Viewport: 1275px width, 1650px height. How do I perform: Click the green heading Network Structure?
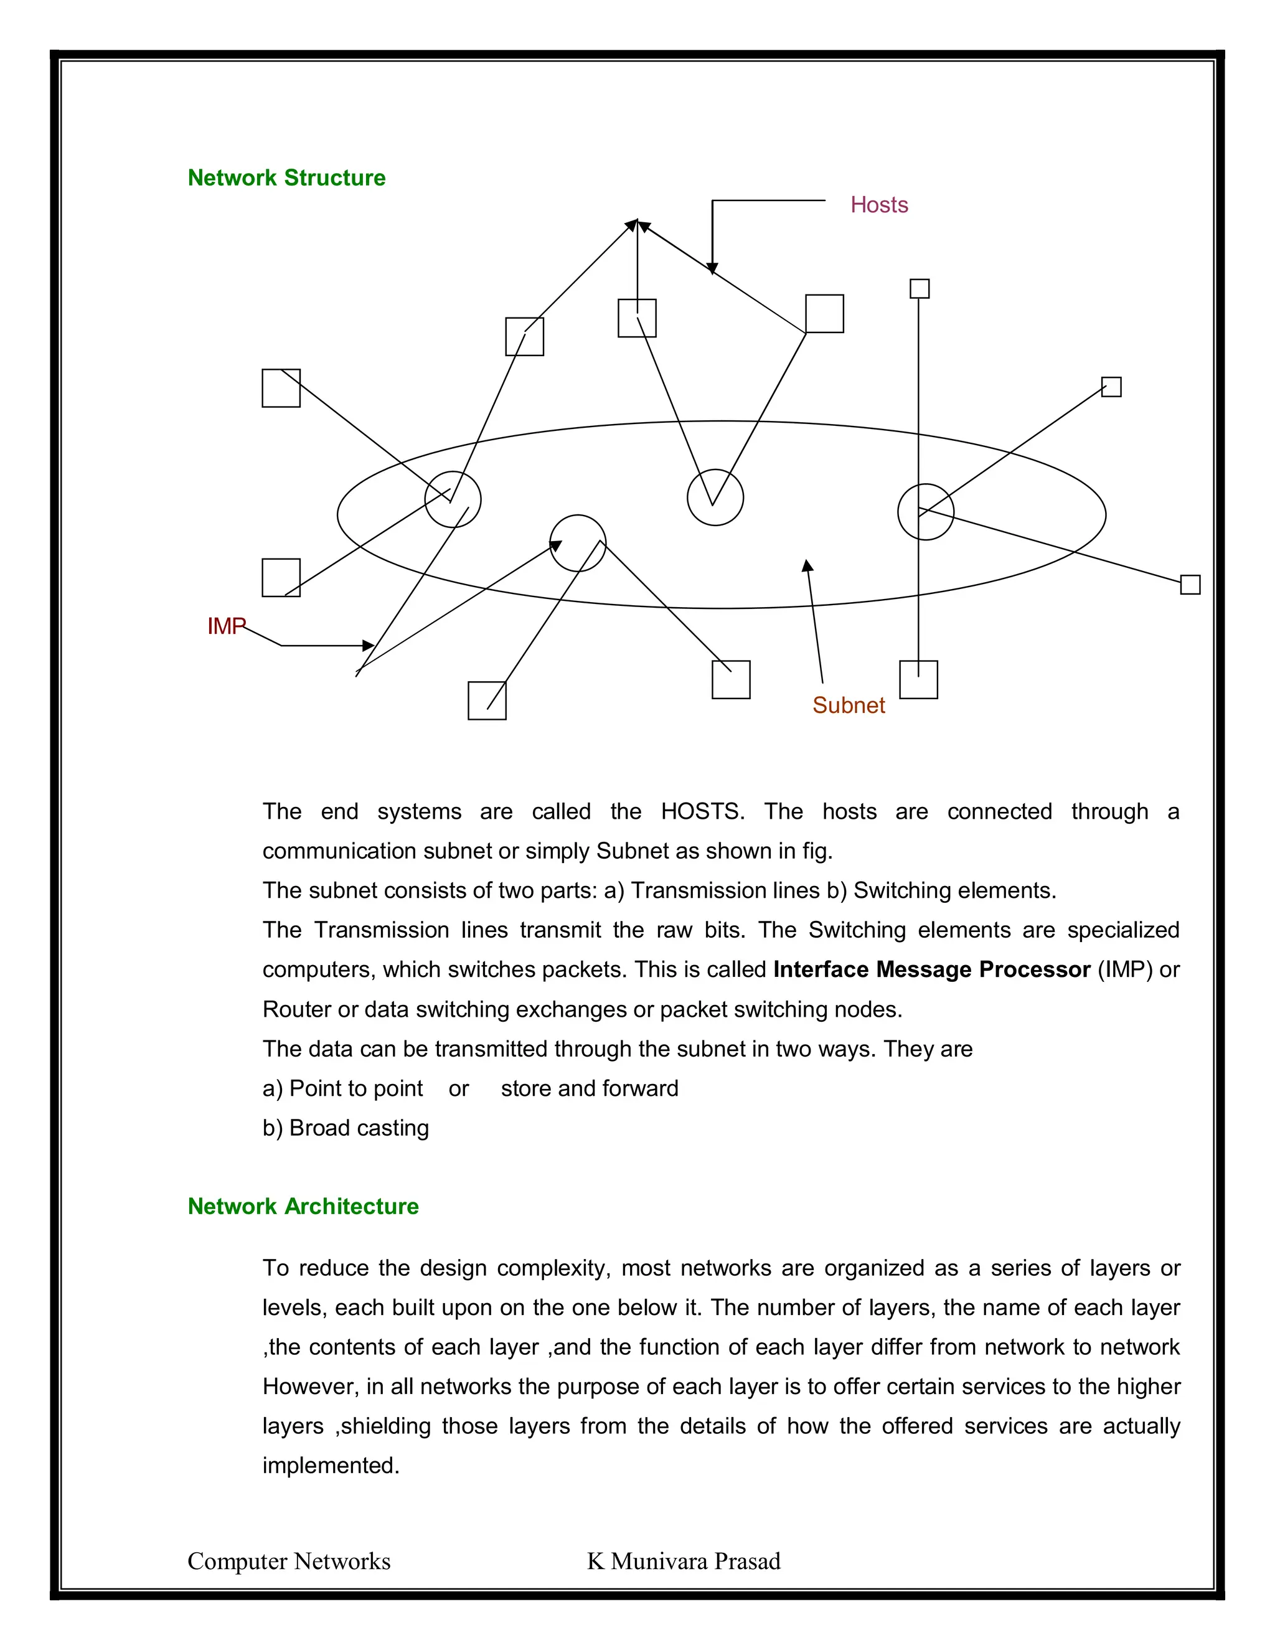click(286, 177)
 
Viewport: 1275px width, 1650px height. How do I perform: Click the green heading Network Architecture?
click(303, 1206)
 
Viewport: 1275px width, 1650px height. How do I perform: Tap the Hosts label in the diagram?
click(878, 205)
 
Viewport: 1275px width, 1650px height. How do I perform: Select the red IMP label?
click(226, 626)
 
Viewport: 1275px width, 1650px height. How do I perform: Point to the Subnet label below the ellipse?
click(849, 705)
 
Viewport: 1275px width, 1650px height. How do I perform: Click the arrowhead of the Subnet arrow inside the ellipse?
click(807, 566)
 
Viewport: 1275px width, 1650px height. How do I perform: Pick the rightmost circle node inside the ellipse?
click(925, 511)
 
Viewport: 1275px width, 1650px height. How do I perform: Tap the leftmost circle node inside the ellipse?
click(453, 499)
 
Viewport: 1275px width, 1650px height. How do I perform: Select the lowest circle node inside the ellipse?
click(577, 542)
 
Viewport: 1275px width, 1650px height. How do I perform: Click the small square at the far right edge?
click(1190, 584)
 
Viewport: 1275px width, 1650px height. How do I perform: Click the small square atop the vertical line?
click(920, 289)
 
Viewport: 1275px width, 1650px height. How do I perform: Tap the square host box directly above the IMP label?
click(281, 577)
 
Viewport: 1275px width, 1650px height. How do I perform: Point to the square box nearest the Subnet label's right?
click(918, 679)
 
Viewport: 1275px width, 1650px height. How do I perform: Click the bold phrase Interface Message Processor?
click(931, 969)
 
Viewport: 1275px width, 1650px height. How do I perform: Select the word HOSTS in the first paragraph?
click(702, 811)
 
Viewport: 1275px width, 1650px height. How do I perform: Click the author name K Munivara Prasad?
click(684, 1561)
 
